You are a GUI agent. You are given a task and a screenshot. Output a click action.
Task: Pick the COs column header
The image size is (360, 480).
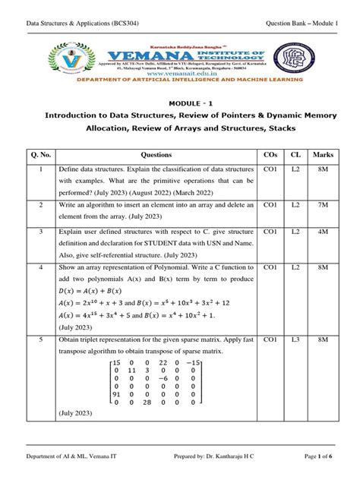coord(270,153)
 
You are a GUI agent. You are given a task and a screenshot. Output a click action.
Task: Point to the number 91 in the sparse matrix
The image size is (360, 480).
coord(116,393)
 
